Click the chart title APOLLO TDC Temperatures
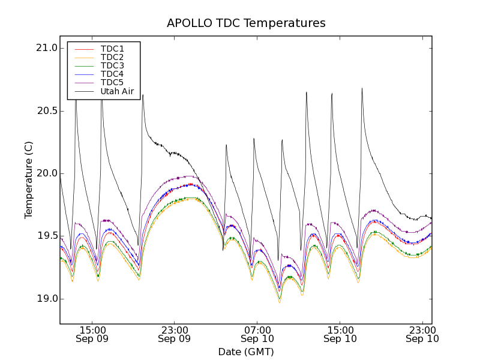(246, 23)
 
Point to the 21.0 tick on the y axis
(46, 48)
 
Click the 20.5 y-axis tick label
(46, 111)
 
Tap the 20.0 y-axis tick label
(46, 173)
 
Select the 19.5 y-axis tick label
(46, 236)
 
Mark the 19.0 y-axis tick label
(46, 299)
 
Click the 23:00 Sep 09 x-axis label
(175, 334)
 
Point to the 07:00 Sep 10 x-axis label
(257, 334)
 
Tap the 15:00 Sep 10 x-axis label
(340, 334)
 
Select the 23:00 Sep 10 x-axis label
(422, 334)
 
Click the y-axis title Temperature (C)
(29, 180)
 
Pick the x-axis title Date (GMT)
(246, 352)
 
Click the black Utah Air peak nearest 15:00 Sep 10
(332, 94)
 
